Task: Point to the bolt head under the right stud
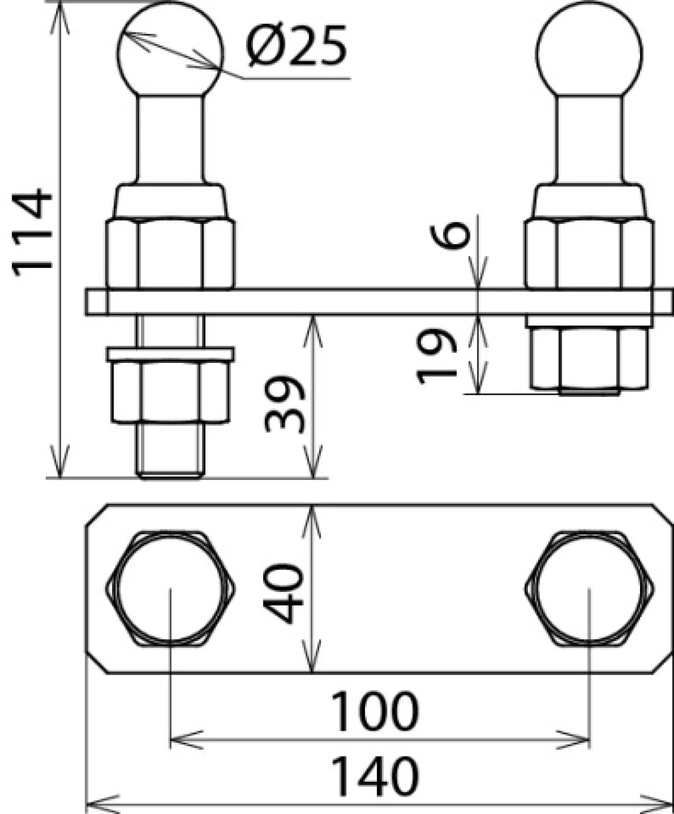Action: pos(589,359)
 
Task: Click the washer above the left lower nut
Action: pos(170,354)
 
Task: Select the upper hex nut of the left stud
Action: pos(170,254)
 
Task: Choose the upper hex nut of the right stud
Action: pos(589,254)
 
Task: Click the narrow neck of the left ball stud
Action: pos(170,140)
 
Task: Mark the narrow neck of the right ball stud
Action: pos(589,140)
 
